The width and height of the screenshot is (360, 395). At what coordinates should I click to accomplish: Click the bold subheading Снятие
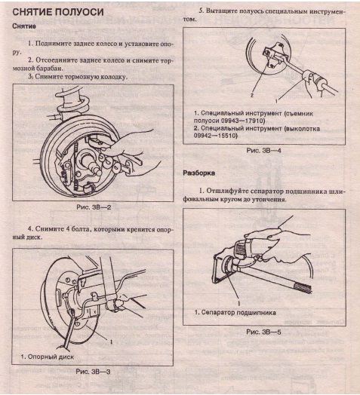click(x=27, y=26)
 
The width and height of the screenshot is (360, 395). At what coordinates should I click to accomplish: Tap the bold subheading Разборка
click(x=200, y=173)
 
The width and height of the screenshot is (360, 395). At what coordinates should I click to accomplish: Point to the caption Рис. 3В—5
click(x=263, y=331)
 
